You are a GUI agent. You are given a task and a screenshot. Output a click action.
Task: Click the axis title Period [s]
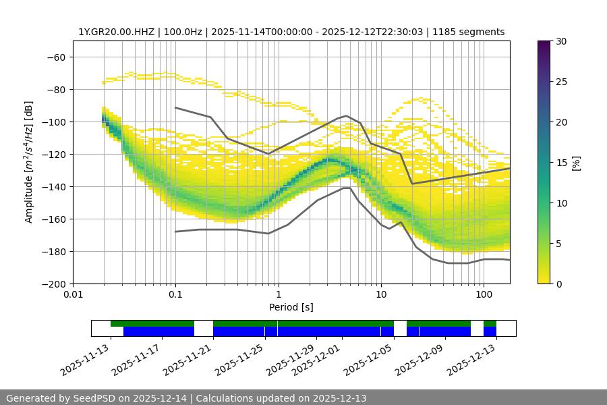pos(291,307)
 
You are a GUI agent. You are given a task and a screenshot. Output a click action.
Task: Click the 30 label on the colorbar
pos(560,41)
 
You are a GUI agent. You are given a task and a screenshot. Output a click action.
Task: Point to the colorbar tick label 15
pos(560,163)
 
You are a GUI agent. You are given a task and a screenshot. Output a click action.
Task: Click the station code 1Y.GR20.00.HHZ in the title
pos(112,32)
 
